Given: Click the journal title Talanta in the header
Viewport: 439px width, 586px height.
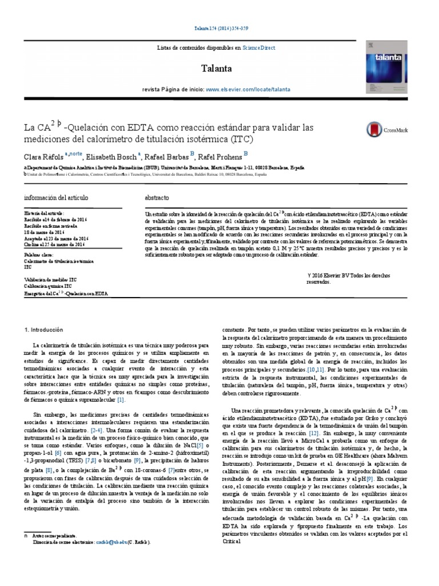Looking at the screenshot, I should pos(216,69).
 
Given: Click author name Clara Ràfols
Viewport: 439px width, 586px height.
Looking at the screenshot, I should pos(43,156).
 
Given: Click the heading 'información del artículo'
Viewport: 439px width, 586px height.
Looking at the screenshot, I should pos(56,197).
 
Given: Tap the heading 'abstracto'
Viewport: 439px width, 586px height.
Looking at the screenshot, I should pos(157,197).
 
